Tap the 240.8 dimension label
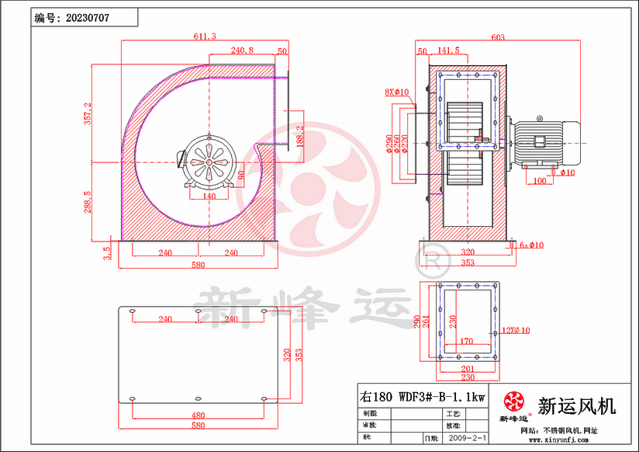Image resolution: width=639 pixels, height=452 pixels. click(241, 50)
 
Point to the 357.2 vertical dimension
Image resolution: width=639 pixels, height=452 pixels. click(88, 113)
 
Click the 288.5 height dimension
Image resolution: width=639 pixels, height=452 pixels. click(88, 201)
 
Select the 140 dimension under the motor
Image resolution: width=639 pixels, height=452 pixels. click(209, 197)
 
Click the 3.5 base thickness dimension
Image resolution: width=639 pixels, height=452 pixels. click(107, 252)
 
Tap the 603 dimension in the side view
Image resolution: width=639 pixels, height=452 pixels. click(498, 37)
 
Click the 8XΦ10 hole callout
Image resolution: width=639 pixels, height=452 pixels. click(396, 92)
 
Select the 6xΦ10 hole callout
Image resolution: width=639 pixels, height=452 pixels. click(531, 245)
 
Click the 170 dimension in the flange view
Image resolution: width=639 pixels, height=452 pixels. click(466, 340)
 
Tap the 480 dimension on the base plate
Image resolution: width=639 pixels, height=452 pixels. click(199, 415)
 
